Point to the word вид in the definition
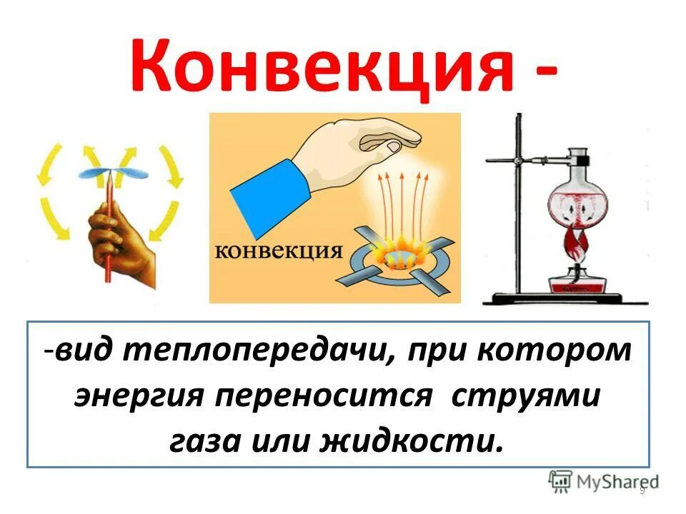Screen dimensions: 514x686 coord(82,351)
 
